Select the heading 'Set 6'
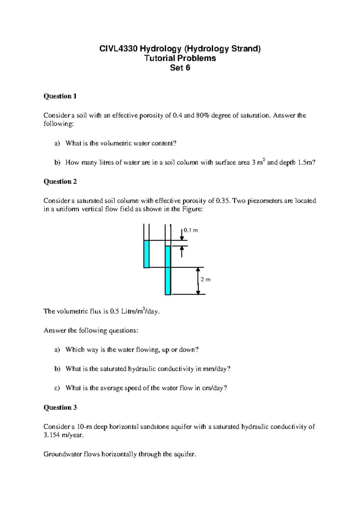180,68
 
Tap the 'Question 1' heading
60,96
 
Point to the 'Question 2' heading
60,182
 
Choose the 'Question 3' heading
60,408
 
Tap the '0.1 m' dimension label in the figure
191,231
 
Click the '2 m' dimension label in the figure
205,280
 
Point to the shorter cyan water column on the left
146,254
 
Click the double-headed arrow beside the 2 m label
198,281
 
